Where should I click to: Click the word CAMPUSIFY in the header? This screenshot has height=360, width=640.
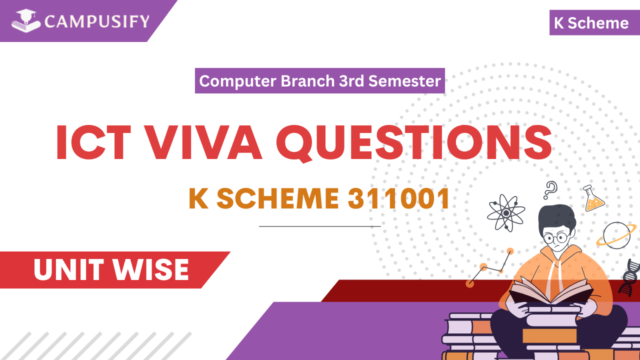pyautogui.click(x=96, y=21)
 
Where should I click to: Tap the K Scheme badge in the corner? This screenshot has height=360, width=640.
pyautogui.click(x=591, y=23)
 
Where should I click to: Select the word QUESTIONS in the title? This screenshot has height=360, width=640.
pyautogui.click(x=414, y=143)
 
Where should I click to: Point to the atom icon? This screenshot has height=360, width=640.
pyautogui.click(x=506, y=213)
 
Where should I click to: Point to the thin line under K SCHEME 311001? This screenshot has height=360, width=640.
pyautogui.click(x=319, y=226)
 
